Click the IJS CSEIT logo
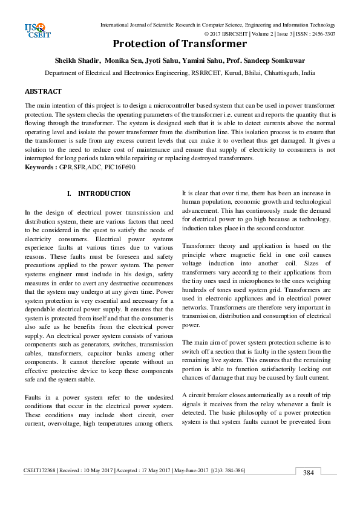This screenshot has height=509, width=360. click(37, 29)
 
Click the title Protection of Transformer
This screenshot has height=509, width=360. click(180, 44)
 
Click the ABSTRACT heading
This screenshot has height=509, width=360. click(43, 91)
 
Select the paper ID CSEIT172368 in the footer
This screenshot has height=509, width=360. click(41, 469)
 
